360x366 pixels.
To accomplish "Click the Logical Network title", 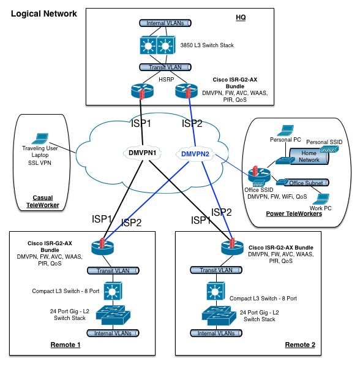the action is coord(44,13).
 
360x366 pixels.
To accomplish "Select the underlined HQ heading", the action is coord(241,18).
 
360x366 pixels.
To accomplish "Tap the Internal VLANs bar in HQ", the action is coord(165,23).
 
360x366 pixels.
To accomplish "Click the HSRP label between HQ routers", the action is coord(167,80).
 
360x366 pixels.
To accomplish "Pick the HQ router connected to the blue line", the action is coord(186,91).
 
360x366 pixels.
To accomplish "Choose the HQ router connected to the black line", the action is coord(142,91).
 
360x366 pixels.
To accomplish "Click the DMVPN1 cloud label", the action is coord(142,153).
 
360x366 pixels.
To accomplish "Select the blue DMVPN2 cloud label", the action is coord(195,154).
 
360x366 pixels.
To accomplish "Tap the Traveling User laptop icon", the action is coord(40,139).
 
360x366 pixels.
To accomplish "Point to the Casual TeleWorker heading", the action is coord(43,202).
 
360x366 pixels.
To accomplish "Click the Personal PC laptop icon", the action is coord(285,131).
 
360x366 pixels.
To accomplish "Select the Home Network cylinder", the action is coord(309,156).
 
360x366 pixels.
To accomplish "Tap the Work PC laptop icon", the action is coord(321,199).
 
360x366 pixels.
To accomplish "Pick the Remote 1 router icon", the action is coord(103,247).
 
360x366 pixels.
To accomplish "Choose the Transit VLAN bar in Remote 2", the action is coord(216,270).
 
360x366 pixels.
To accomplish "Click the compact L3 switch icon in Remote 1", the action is coord(113,291).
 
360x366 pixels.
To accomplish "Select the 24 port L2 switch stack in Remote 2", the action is coord(219,316).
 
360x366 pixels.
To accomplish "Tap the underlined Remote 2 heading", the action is coord(300,345).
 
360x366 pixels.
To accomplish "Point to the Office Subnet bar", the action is coord(306,183).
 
